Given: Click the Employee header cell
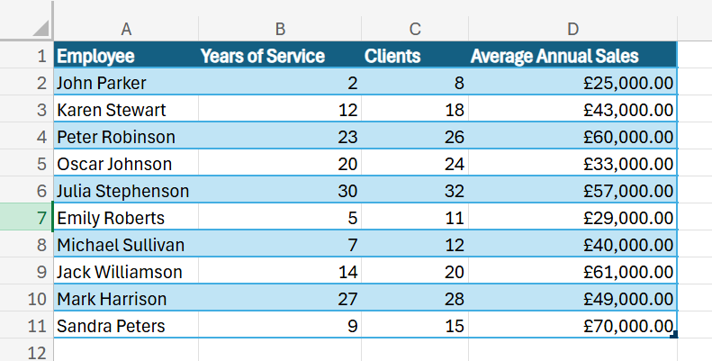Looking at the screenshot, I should (95, 56).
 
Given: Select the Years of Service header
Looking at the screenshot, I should (263, 56).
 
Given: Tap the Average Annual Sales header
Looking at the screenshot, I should (554, 56).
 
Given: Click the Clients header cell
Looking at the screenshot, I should (392, 56).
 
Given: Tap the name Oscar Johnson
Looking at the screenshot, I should (114, 164).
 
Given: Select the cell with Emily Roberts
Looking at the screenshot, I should (111, 218).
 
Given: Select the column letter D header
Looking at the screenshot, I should (572, 29).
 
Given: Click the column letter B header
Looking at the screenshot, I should (280, 29).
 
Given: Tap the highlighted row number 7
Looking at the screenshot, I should (41, 218).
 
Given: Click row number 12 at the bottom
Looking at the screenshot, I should (37, 352).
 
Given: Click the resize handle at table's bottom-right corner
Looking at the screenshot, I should (674, 336).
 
